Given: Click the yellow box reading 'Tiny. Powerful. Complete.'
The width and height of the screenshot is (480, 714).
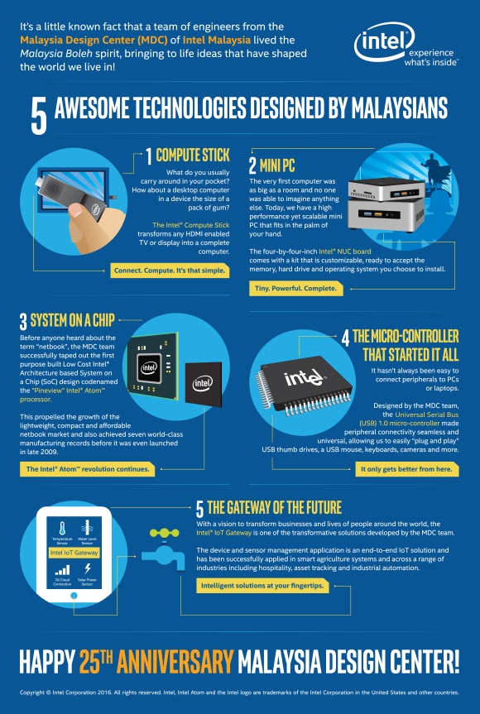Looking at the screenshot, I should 282,288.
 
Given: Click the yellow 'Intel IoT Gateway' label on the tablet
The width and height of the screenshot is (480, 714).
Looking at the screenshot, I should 74,552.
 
